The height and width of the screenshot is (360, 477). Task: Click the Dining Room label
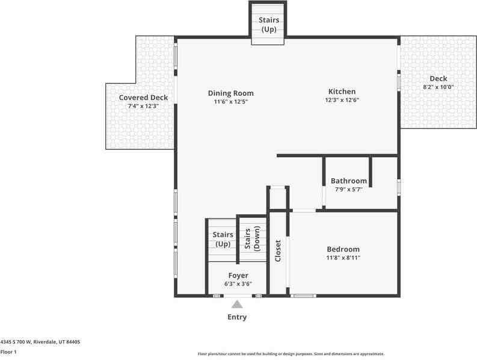(230, 93)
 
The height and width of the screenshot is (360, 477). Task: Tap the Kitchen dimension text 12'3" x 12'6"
(342, 101)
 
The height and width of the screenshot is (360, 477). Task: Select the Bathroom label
(348, 181)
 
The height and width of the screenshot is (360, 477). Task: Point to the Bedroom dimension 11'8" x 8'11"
(343, 258)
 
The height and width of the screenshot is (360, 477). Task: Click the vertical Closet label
(278, 251)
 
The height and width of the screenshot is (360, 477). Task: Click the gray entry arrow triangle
(237, 305)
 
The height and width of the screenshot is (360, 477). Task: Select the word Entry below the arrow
(236, 317)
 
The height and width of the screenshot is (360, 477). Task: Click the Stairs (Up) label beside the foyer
(222, 239)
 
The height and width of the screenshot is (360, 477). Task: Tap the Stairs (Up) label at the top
(268, 24)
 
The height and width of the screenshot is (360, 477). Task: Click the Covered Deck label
(143, 98)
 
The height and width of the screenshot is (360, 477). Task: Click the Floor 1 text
(9, 352)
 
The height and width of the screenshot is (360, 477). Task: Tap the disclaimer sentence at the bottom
(291, 354)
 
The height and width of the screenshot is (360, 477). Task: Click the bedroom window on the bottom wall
(303, 296)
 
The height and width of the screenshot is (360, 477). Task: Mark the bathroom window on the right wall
(399, 187)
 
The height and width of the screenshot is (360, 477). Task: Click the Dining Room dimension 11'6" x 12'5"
(230, 102)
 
